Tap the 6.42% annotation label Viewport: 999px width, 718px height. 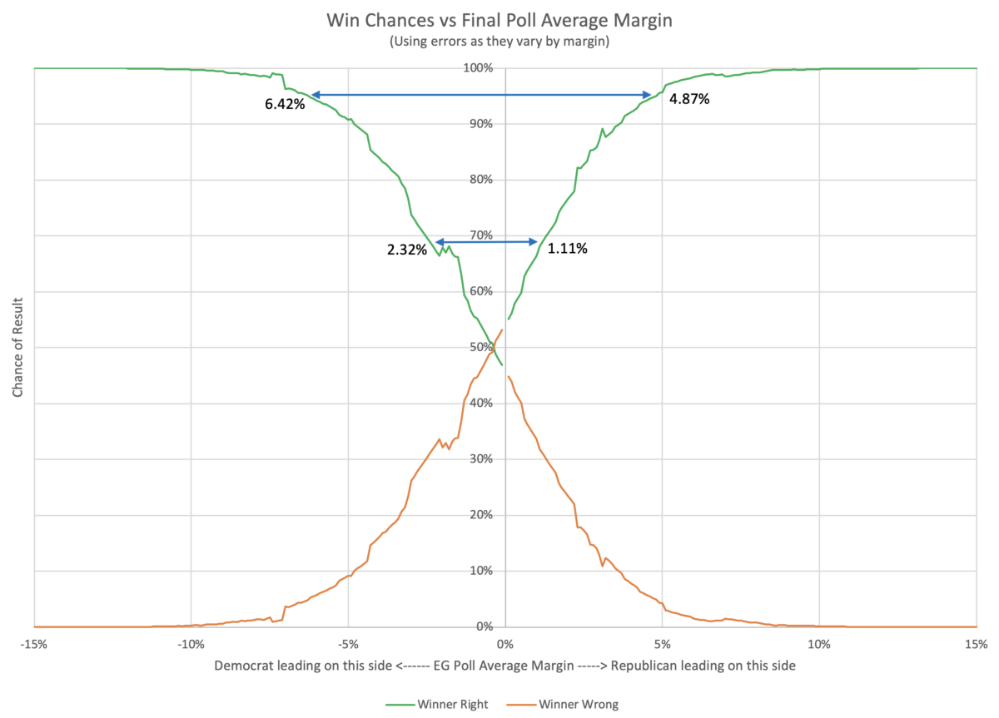point(286,106)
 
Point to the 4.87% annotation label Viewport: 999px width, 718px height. point(689,99)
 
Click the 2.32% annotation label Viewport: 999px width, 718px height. point(407,248)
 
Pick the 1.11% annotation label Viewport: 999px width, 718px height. point(568,247)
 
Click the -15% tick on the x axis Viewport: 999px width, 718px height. point(34,644)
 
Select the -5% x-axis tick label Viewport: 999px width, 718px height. point(348,644)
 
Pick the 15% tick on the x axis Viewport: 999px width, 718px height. point(977,644)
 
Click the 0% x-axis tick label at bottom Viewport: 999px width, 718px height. point(505,644)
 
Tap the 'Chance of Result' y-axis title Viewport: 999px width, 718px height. point(17,348)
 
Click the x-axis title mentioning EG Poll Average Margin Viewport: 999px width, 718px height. point(505,666)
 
